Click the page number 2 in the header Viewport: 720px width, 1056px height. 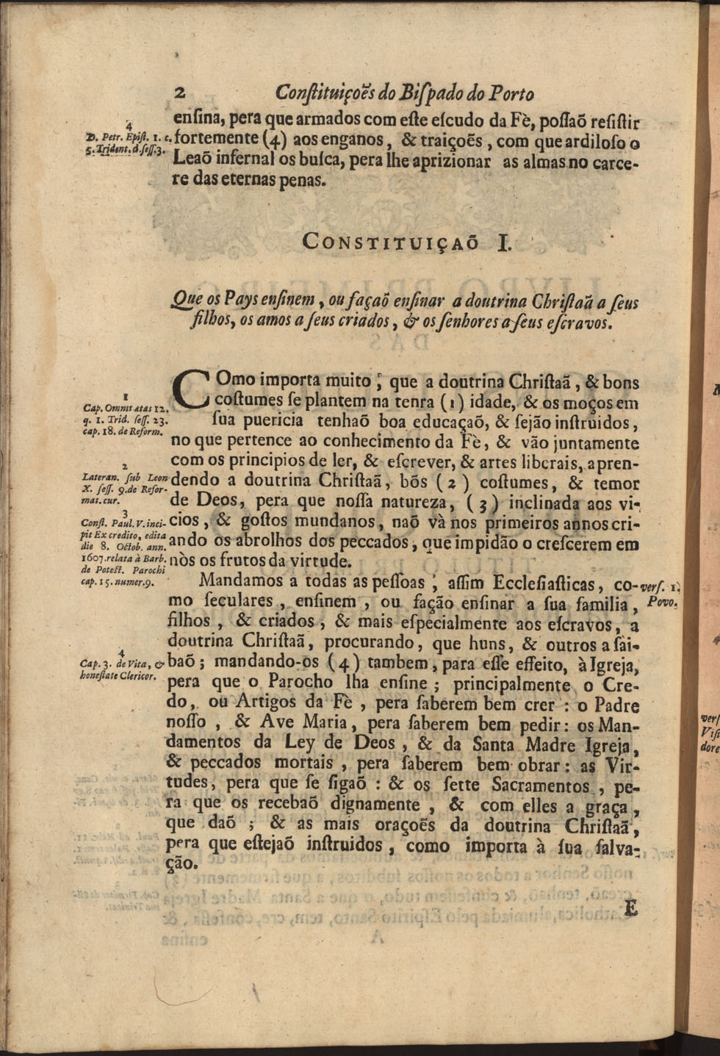[181, 93]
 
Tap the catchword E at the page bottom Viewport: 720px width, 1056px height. [630, 908]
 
